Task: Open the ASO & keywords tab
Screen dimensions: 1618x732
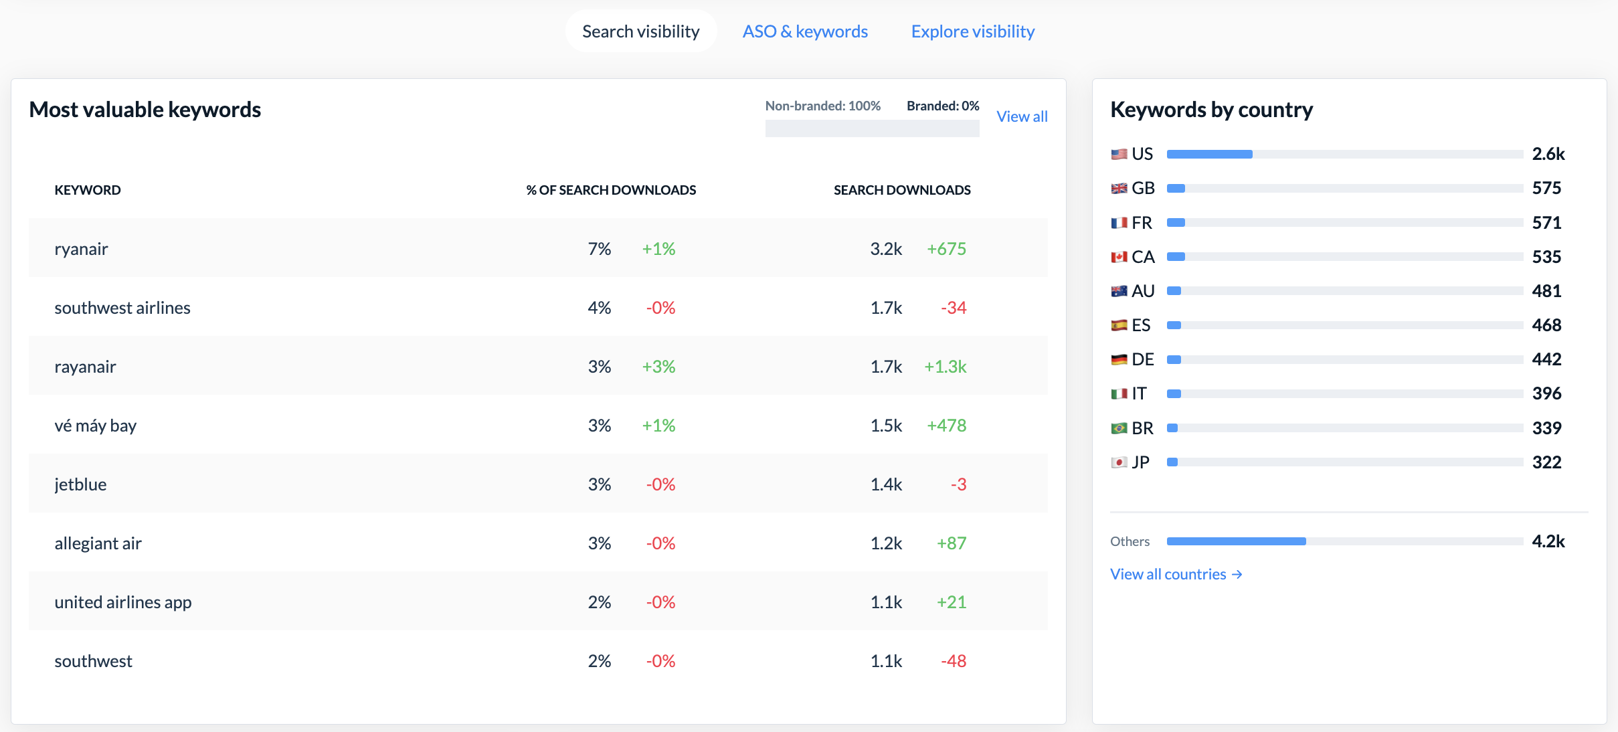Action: click(x=805, y=31)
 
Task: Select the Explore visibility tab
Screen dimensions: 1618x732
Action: click(x=973, y=31)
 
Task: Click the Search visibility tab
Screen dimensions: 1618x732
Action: click(x=641, y=31)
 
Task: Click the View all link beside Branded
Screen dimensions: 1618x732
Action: click(x=1022, y=116)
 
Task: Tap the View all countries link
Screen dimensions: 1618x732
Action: click(x=1176, y=574)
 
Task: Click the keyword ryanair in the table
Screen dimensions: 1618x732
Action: click(x=81, y=249)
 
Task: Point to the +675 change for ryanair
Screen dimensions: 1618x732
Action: click(x=946, y=249)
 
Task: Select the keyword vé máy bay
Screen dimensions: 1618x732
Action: click(x=95, y=426)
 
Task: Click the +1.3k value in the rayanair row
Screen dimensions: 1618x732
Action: click(x=946, y=367)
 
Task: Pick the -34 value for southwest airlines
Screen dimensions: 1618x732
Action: click(x=954, y=308)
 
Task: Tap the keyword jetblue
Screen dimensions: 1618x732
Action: click(x=80, y=484)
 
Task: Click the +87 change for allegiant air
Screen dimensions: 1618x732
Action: click(x=952, y=543)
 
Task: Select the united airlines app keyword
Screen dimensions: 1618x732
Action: click(x=123, y=602)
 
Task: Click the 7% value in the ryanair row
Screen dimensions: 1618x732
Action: click(x=600, y=249)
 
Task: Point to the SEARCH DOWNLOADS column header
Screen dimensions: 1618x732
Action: click(x=902, y=190)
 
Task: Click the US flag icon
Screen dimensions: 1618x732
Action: click(x=1119, y=155)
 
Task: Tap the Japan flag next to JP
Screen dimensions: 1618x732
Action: click(x=1119, y=462)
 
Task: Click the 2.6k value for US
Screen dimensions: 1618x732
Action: click(x=1548, y=154)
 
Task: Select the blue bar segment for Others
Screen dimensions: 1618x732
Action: click(x=1237, y=541)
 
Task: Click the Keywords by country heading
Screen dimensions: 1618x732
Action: click(x=1211, y=110)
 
